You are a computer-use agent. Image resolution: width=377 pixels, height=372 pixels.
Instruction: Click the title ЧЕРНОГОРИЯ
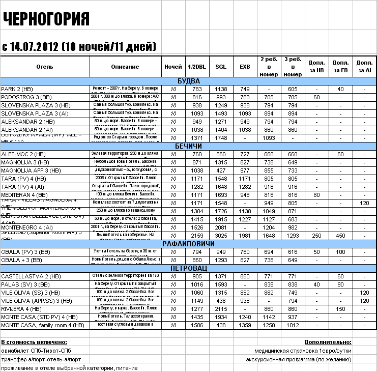(x=46, y=19)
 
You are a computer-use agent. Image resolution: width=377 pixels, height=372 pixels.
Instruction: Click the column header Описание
(x=125, y=67)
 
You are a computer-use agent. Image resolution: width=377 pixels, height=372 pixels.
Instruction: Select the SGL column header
(x=221, y=67)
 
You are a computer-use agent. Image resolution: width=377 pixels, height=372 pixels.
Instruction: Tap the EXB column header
(x=245, y=67)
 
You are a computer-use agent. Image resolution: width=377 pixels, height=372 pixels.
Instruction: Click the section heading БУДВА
(x=188, y=81)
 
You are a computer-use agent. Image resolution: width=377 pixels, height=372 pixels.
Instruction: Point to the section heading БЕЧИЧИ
(x=188, y=146)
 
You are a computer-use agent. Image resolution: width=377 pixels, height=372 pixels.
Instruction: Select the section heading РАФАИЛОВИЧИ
(x=188, y=244)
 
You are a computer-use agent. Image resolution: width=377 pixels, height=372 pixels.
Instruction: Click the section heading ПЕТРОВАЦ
(x=188, y=268)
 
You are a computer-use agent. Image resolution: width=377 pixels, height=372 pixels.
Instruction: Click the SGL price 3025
(x=221, y=236)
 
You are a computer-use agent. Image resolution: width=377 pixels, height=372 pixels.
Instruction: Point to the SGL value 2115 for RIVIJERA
(x=221, y=309)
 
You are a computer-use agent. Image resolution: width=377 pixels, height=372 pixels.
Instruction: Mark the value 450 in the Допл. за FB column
(x=340, y=236)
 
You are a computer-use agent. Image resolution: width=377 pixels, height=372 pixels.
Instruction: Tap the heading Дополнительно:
(x=328, y=342)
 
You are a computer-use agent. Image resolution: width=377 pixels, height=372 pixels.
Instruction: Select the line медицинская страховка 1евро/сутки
(x=303, y=351)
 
